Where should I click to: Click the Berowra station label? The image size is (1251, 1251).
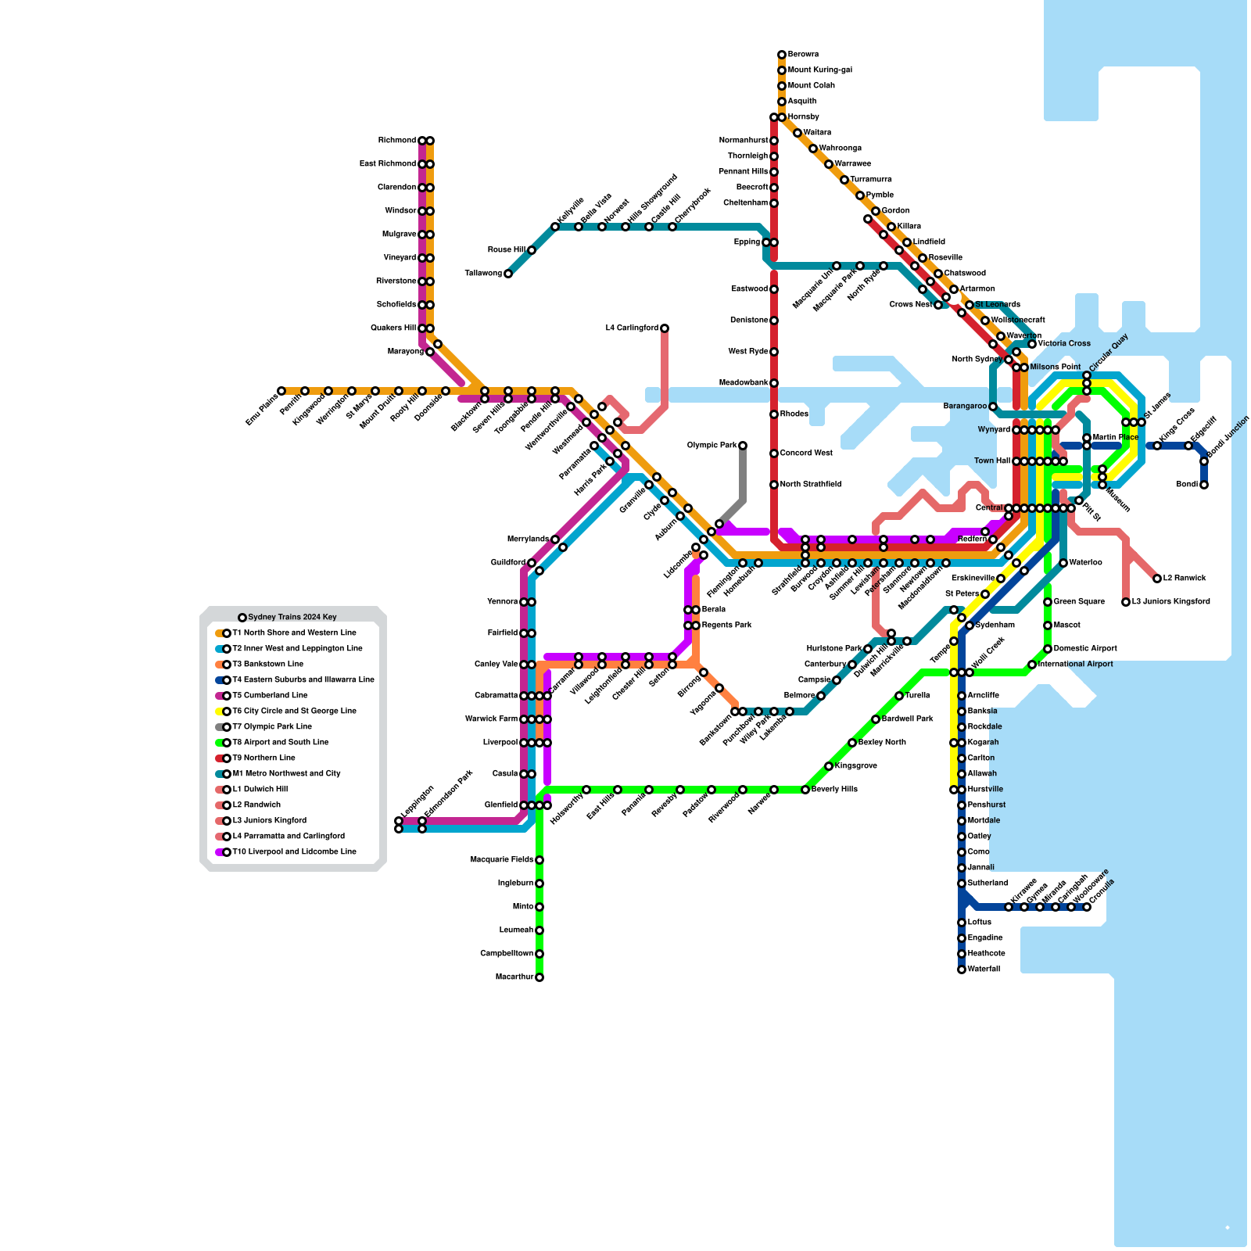pos(803,55)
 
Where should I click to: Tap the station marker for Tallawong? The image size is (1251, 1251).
pos(508,274)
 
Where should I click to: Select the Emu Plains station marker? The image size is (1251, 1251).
pos(281,391)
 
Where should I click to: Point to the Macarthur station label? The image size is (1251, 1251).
pos(514,977)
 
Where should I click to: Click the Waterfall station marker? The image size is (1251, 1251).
pos(962,970)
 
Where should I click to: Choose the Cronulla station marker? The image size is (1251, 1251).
pos(1087,907)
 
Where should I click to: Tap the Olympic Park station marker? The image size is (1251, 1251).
pos(743,446)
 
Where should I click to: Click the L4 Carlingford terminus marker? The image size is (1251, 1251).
pos(665,328)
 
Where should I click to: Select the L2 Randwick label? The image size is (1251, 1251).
pos(1185,579)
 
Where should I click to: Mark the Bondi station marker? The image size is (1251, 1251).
pos(1204,485)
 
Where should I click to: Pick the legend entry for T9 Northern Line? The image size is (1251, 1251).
pos(263,758)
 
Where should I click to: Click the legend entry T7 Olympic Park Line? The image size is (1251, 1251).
pos(271,727)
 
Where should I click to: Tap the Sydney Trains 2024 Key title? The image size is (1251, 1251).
pos(292,618)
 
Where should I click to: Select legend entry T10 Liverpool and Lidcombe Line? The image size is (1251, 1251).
pos(294,852)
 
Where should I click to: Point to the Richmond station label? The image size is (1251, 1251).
pos(396,141)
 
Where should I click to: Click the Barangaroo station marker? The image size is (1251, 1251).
pos(993,407)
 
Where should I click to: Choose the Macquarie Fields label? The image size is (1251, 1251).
pos(501,860)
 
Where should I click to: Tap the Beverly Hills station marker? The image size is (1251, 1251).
pos(805,790)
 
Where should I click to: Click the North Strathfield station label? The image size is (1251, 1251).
pos(810,485)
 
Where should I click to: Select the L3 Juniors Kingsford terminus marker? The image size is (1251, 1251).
pos(1126,602)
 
